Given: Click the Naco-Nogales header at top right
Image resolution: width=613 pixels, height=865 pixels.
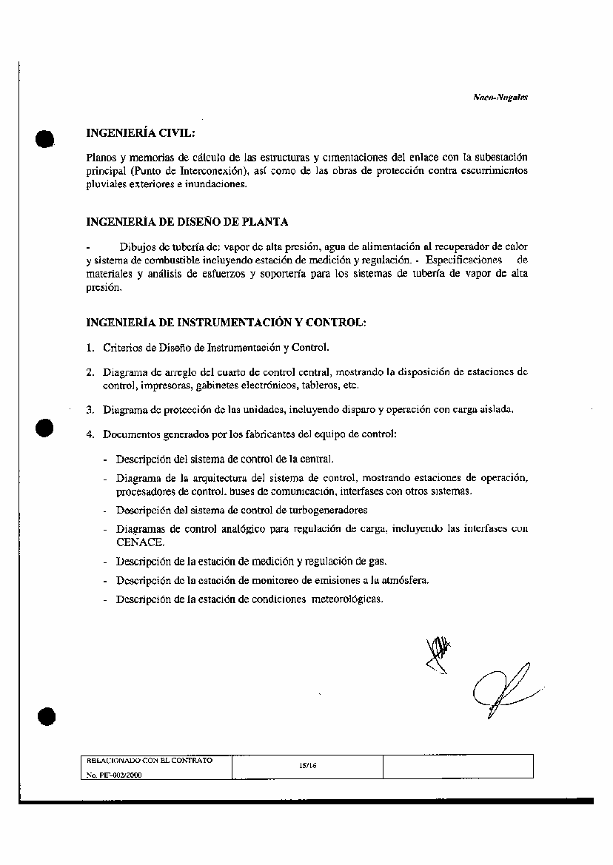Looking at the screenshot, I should pyautogui.click(x=500, y=97).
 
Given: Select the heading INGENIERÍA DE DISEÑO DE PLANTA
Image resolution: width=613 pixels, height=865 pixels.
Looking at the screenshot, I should pyautogui.click(x=187, y=221).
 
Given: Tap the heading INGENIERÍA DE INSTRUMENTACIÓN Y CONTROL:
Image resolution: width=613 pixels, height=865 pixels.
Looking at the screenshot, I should pyautogui.click(x=226, y=323).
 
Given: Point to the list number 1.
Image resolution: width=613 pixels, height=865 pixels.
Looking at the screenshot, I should pyautogui.click(x=90, y=347).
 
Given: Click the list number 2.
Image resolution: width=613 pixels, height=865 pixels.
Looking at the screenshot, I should pyautogui.click(x=90, y=372).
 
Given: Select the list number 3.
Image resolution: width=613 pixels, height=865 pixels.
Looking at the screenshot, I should pyautogui.click(x=90, y=410).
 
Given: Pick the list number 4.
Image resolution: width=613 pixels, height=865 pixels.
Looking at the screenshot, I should pyautogui.click(x=90, y=434).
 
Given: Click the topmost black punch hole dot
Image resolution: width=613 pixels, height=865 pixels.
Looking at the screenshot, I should pyautogui.click(x=46, y=138).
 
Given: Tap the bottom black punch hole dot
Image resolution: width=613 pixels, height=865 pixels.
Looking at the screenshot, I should pyautogui.click(x=46, y=716).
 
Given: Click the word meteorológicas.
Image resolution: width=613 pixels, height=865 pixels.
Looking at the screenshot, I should pyautogui.click(x=348, y=599).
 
